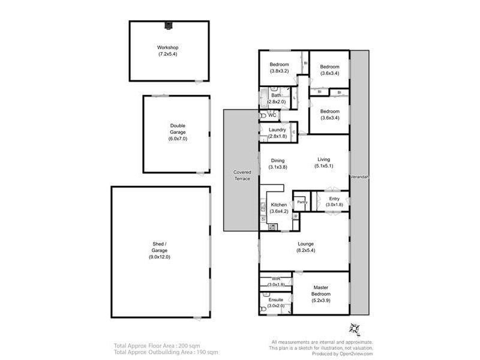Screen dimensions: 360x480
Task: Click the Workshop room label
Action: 168,51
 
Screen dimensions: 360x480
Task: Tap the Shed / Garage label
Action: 160,253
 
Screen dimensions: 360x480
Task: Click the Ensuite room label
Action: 276,302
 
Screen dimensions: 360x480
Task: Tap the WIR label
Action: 276,281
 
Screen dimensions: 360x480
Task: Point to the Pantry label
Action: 302,202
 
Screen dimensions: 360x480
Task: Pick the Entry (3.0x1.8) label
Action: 334,202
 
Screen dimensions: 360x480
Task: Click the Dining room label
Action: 278,164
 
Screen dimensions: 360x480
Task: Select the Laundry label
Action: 277,133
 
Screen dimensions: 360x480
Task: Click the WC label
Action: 272,116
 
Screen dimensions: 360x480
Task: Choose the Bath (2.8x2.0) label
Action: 277,98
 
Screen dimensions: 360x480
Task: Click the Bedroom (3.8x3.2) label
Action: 279,68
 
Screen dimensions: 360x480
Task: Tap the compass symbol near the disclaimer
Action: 354,329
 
